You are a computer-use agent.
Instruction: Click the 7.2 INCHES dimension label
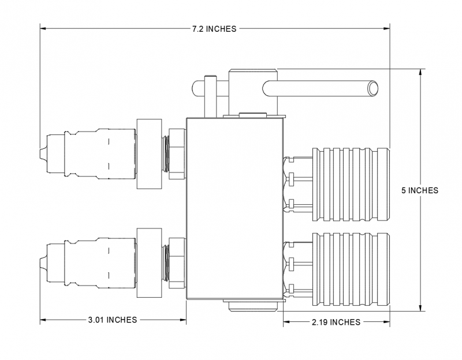(214, 29)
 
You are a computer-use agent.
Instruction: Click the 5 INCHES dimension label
(420, 190)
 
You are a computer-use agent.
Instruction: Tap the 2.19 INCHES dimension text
(336, 322)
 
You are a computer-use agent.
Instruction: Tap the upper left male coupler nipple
(87, 153)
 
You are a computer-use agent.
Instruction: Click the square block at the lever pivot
(254, 91)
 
